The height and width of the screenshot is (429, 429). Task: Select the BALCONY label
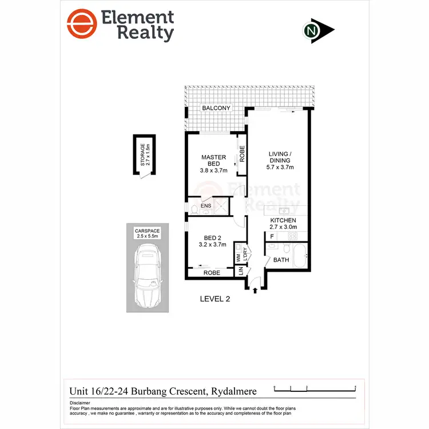216,108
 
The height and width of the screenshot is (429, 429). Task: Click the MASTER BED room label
213,161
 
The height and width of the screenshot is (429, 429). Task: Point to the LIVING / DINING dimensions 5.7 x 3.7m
281,168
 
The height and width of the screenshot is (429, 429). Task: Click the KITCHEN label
283,220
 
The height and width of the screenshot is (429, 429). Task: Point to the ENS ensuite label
205,206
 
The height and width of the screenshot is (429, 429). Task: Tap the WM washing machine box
238,258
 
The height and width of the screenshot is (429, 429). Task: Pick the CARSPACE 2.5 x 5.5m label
148,233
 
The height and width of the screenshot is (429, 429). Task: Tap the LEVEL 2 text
215,299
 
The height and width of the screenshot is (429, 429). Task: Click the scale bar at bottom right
315,389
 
